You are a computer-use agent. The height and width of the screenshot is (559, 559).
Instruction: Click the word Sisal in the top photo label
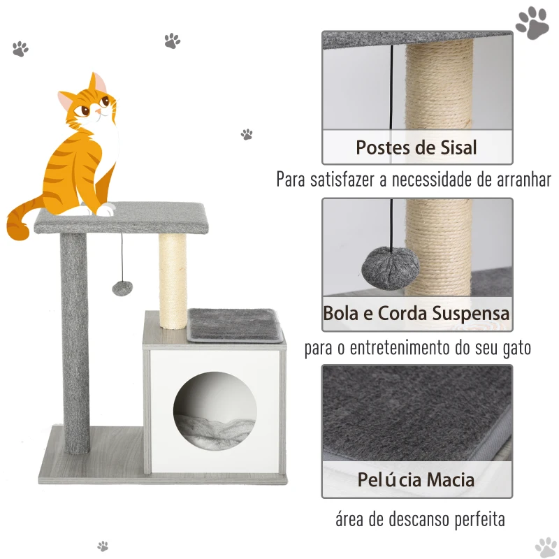pyautogui.click(x=458, y=147)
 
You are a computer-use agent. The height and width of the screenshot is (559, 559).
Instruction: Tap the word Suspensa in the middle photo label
pyautogui.click(x=470, y=314)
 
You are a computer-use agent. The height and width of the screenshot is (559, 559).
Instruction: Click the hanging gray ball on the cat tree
pyautogui.click(x=122, y=288)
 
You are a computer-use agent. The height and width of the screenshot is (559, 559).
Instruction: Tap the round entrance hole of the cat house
pyautogui.click(x=215, y=411)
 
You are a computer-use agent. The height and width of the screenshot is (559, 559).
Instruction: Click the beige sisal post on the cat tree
pyautogui.click(x=173, y=281)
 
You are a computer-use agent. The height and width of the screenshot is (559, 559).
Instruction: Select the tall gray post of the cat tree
pyautogui.click(x=75, y=343)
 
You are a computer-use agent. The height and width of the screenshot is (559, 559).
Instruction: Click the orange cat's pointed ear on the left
pyautogui.click(x=66, y=100)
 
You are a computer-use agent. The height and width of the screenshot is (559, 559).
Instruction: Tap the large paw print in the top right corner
pyautogui.click(x=532, y=23)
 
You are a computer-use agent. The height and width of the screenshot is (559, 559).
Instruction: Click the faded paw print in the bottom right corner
pyautogui.click(x=546, y=547)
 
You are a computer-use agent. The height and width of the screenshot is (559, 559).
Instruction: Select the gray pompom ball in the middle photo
pyautogui.click(x=391, y=268)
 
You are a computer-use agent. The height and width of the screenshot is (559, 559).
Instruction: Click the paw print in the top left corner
pyautogui.click(x=20, y=49)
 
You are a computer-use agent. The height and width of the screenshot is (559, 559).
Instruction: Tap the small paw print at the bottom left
pyautogui.click(x=103, y=546)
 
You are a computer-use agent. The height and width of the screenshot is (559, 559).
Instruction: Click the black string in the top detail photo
pyautogui.click(x=392, y=87)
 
